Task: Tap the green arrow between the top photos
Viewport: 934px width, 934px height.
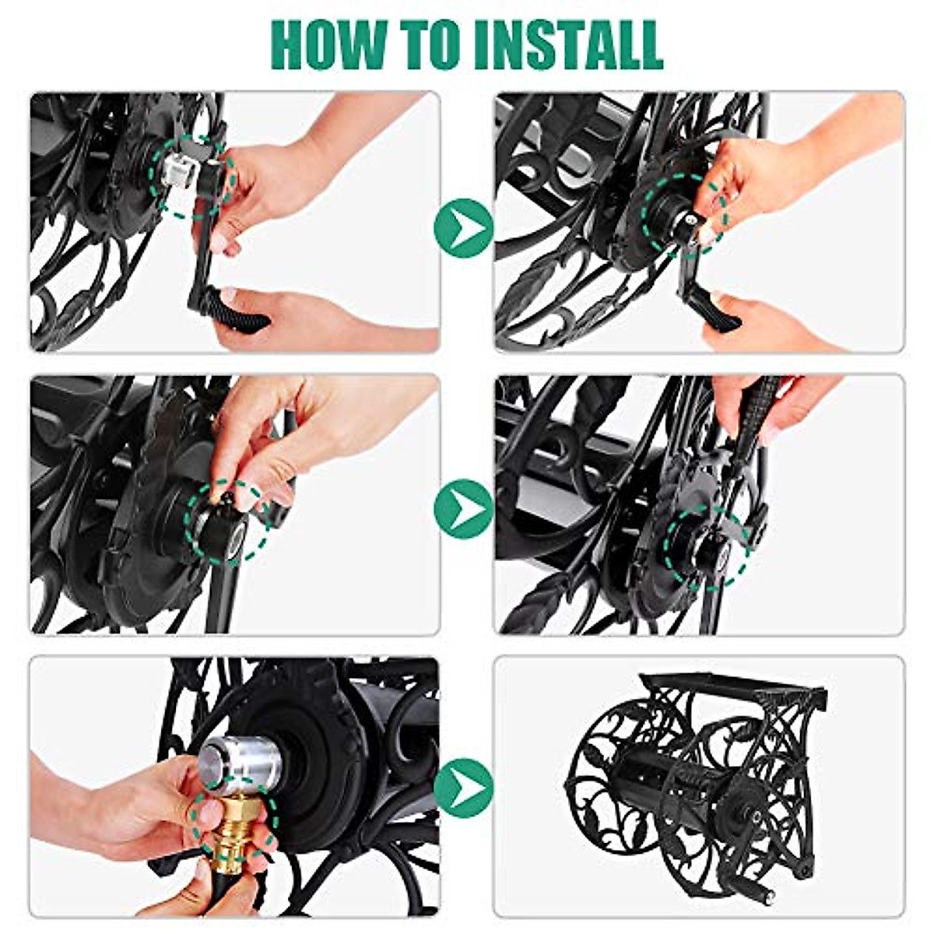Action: click(x=463, y=228)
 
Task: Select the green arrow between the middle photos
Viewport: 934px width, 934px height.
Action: click(x=463, y=508)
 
